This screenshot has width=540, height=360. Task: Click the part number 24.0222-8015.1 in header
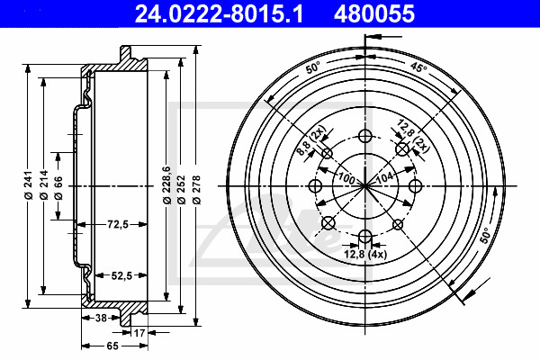[x=219, y=14]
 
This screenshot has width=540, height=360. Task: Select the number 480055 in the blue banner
[x=374, y=14]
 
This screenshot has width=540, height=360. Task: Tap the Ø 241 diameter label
[x=28, y=184]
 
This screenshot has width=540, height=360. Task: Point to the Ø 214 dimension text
[x=44, y=184]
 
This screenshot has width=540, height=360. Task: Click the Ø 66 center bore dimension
[x=58, y=188]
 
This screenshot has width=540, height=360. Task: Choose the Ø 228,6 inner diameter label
[x=166, y=185]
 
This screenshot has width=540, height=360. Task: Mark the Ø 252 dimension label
[x=182, y=190]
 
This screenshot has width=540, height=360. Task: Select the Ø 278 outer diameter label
[x=196, y=190]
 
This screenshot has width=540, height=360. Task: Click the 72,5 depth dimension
[x=118, y=225]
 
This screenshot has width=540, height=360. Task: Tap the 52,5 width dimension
[x=121, y=275]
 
